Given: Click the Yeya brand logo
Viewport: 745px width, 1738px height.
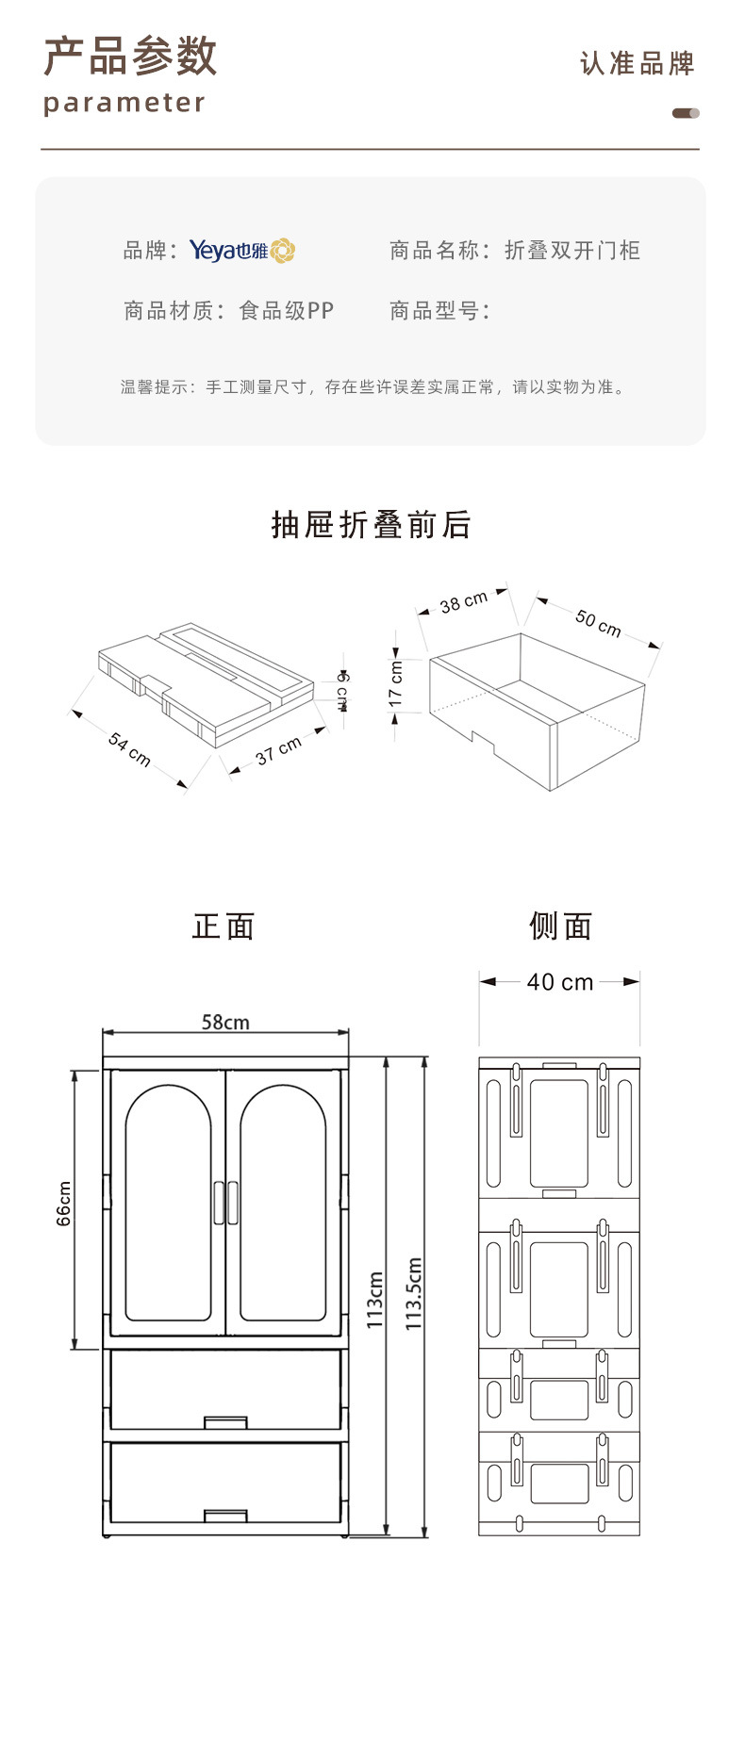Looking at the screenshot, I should pyautogui.click(x=242, y=250).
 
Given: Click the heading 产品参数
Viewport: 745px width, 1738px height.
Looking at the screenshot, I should pyautogui.click(x=130, y=57).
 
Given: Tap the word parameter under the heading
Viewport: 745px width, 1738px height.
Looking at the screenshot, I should pyautogui.click(x=124, y=103).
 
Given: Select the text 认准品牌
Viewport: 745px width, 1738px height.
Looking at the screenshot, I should pyautogui.click(x=637, y=64).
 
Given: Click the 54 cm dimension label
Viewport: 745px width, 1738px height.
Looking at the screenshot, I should pyautogui.click(x=129, y=748).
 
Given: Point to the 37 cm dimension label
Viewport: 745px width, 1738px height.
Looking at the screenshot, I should pyautogui.click(x=278, y=749).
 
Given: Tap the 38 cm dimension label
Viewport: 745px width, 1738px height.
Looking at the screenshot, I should pyautogui.click(x=464, y=601).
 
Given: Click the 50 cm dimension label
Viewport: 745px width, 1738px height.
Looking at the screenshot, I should pyautogui.click(x=598, y=622).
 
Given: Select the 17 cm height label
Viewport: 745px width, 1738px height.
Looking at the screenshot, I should pyautogui.click(x=396, y=683).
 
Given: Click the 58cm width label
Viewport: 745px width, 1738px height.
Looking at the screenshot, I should pyautogui.click(x=225, y=1023).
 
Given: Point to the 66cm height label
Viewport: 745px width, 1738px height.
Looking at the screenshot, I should pyautogui.click(x=64, y=1204).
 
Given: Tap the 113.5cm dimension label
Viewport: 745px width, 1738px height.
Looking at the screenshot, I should pyautogui.click(x=413, y=1294).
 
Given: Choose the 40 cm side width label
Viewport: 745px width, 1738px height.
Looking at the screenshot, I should pyautogui.click(x=560, y=982).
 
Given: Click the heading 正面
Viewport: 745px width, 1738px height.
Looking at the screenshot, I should pyautogui.click(x=223, y=926).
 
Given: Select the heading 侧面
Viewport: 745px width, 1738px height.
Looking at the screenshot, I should pyautogui.click(x=560, y=926).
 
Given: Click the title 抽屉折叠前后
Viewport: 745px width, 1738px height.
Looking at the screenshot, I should pyautogui.click(x=372, y=525).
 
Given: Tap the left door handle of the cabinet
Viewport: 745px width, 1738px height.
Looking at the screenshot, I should pyautogui.click(x=219, y=1204).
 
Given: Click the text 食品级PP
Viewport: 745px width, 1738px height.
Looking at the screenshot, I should pyautogui.click(x=287, y=310).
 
